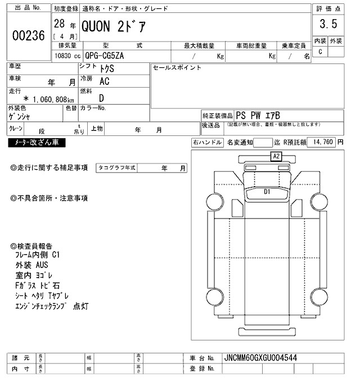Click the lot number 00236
pyautogui.click(x=28, y=35)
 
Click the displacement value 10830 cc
pyautogui.click(x=67, y=57)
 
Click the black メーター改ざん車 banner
pyautogui.click(x=37, y=143)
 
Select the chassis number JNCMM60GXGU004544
pyautogui.click(x=260, y=357)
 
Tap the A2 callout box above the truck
pyautogui.click(x=276, y=157)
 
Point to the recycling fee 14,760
pyautogui.click(x=323, y=142)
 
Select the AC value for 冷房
pyautogui.click(x=105, y=81)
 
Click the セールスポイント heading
pyautogui.click(x=177, y=67)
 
